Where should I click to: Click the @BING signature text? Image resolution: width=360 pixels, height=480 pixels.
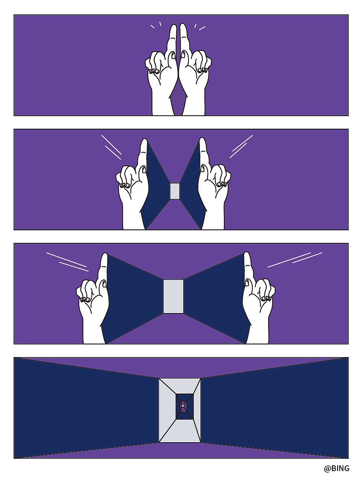(x=336, y=468)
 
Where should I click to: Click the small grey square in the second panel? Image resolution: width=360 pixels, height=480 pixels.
(x=175, y=191)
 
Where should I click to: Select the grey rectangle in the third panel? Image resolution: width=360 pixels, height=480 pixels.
(x=173, y=296)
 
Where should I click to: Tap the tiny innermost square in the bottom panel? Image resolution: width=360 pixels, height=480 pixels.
(x=182, y=406)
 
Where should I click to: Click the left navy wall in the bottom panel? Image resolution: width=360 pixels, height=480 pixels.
(x=86, y=408)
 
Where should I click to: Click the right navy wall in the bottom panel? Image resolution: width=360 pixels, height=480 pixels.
(x=274, y=408)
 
